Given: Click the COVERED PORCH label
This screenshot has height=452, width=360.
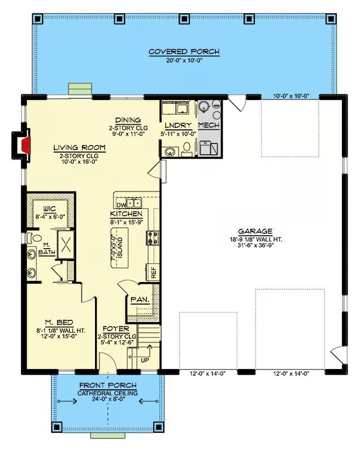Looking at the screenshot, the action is coord(184,52).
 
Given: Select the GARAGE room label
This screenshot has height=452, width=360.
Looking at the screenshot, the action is coord(255,231).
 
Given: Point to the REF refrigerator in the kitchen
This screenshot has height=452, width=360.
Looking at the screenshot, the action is coord(153,272).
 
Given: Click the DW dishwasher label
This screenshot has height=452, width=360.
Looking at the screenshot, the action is coord(121,205).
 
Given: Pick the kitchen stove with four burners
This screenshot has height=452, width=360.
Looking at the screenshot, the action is coord(153,238).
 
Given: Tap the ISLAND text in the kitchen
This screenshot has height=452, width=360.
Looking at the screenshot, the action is coord(120,247).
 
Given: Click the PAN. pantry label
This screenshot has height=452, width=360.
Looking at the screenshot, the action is coord(140,300).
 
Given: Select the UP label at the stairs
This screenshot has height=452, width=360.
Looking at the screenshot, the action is coord(145,360).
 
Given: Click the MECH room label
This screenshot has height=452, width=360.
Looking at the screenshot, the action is coord(209,125).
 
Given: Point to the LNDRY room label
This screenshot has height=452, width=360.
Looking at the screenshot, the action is coord(178,125).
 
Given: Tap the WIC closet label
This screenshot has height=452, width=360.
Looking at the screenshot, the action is coord(50,209).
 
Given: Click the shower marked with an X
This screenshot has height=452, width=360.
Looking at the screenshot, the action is coord(66,245).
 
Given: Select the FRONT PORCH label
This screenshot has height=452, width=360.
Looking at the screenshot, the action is coord(108,385).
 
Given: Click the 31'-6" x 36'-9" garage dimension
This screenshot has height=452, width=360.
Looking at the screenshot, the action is coord(255,245).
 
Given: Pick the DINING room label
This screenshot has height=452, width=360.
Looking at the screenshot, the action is coord(128,120).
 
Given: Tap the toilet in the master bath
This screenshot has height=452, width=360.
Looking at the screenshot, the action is coord(34,238).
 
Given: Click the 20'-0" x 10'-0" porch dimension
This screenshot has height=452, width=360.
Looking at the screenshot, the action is coord(184,60).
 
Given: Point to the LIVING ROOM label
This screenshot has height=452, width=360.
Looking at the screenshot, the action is coord(79,148).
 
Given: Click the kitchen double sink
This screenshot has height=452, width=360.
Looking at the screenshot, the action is coord(134,203).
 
